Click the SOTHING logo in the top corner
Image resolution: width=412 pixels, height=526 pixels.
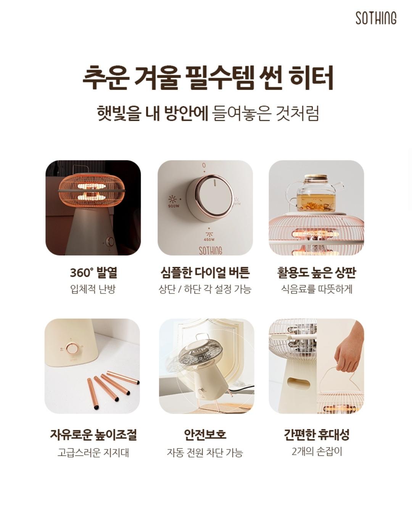click(376, 18)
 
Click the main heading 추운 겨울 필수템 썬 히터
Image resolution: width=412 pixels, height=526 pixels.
click(208, 78)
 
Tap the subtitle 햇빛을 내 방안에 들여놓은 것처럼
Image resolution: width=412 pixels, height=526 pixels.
click(208, 113)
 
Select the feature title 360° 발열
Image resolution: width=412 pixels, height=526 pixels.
click(93, 273)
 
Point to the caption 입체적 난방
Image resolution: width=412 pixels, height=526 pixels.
click(93, 289)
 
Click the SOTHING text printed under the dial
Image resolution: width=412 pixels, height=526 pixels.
click(210, 250)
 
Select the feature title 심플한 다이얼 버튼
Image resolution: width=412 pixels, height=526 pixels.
click(205, 273)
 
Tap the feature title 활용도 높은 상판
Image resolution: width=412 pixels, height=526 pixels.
click(316, 273)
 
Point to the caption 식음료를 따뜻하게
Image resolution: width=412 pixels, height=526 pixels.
click(316, 289)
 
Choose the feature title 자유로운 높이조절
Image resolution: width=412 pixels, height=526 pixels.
click(93, 435)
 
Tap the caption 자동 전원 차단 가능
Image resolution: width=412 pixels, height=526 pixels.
click(205, 452)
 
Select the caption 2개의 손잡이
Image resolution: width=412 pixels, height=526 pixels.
click(317, 452)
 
